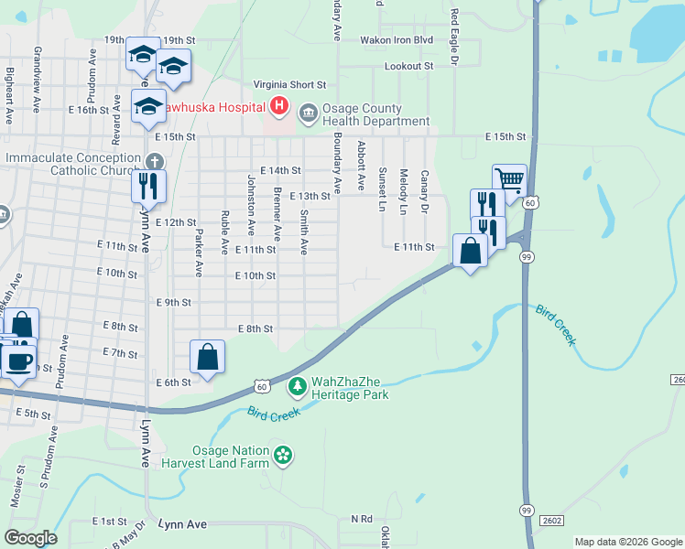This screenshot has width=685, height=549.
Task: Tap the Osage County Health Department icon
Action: pyautogui.click(x=308, y=113)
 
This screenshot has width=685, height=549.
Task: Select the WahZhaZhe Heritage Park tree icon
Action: pyautogui.click(x=297, y=387)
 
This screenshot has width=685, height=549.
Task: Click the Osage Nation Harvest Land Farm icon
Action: pyautogui.click(x=283, y=455)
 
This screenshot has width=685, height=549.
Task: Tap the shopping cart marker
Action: pyautogui.click(x=509, y=180)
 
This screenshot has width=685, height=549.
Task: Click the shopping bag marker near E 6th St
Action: pyautogui.click(x=208, y=356)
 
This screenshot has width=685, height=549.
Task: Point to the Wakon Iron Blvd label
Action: pyautogui.click(x=396, y=41)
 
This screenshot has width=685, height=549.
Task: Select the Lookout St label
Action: pyautogui.click(x=408, y=67)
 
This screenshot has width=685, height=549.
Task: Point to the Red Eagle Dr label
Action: pyautogui.click(x=453, y=36)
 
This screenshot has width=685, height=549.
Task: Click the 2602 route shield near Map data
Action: pyautogui.click(x=551, y=521)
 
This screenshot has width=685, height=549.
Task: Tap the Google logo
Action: pyautogui.click(x=30, y=538)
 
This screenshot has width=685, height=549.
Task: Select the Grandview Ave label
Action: pyautogui.click(x=38, y=72)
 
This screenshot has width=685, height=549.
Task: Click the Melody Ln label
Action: pyautogui.click(x=403, y=192)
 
